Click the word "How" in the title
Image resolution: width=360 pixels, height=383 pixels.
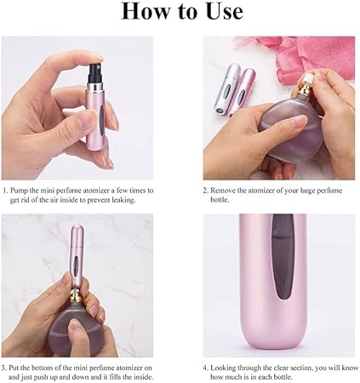click(x=146, y=12)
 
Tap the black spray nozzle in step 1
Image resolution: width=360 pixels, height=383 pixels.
click(x=96, y=73)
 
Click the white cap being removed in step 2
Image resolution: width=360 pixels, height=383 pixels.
click(x=308, y=79)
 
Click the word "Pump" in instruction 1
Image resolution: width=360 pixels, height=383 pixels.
click(x=20, y=191)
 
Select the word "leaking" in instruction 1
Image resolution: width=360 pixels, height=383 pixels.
click(x=123, y=200)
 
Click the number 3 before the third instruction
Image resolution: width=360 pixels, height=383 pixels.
click(x=3, y=369)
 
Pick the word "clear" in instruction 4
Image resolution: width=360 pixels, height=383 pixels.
click(x=283, y=368)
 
